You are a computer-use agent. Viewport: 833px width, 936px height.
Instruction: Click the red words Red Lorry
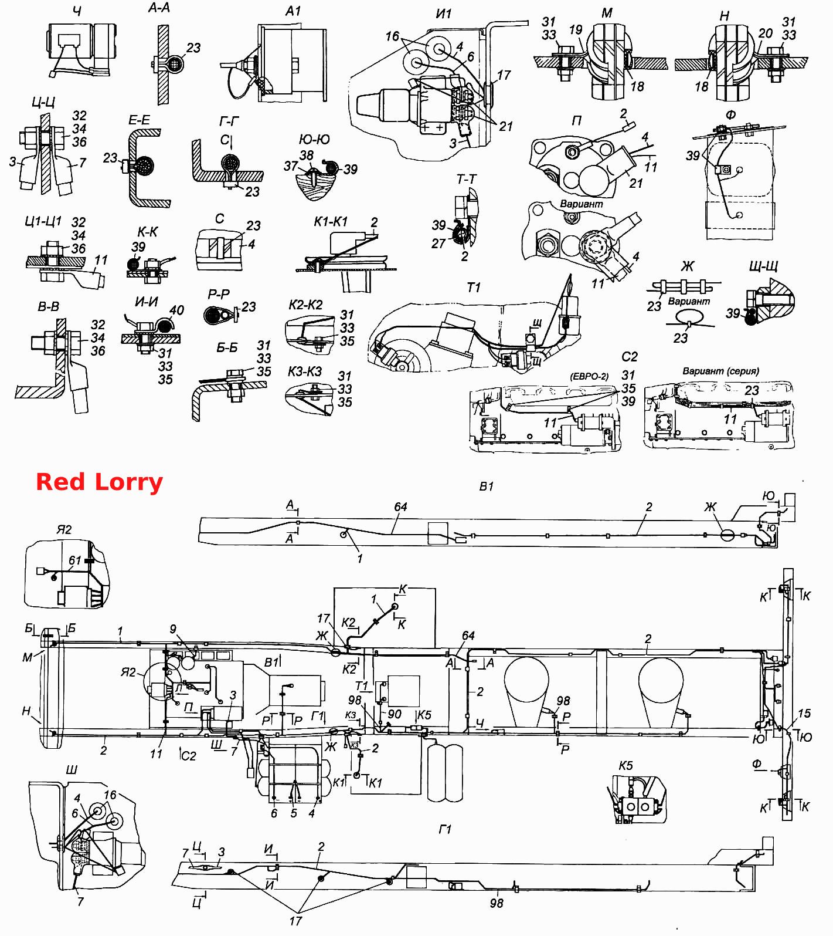pos(99,482)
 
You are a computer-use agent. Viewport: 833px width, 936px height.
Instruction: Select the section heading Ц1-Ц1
pos(43,221)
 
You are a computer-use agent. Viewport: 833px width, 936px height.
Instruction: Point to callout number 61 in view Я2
pos(75,560)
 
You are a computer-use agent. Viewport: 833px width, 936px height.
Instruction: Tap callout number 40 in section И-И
pos(176,310)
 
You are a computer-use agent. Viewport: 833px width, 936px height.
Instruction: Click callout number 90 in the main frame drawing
pos(395,714)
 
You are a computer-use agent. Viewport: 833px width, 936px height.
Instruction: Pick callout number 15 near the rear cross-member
pos(804,713)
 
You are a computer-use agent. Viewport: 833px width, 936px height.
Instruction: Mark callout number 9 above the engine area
pos(173,629)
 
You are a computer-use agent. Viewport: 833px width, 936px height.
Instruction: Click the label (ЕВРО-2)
pos(589,376)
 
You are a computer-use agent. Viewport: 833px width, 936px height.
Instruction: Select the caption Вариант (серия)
pos(720,371)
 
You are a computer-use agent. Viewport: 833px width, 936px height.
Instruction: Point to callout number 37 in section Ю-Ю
pos(291,166)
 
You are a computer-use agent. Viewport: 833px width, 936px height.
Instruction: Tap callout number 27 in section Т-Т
pos(438,243)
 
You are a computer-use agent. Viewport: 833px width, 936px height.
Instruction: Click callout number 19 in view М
pos(576,29)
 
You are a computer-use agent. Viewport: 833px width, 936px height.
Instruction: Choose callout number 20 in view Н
pos(766,33)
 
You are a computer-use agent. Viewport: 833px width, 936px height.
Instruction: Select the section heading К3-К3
pos(305,371)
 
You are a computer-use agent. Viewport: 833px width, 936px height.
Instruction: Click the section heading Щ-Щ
pos(763,266)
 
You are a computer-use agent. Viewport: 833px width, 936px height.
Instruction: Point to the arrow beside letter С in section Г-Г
pos(232,142)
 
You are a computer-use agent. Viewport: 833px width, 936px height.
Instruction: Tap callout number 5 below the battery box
pos(294,813)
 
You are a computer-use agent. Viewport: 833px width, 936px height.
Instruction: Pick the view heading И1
pos(444,13)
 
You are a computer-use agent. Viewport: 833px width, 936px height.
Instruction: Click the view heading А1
pos(293,11)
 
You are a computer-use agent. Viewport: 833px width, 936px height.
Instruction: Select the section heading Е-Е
pos(140,120)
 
